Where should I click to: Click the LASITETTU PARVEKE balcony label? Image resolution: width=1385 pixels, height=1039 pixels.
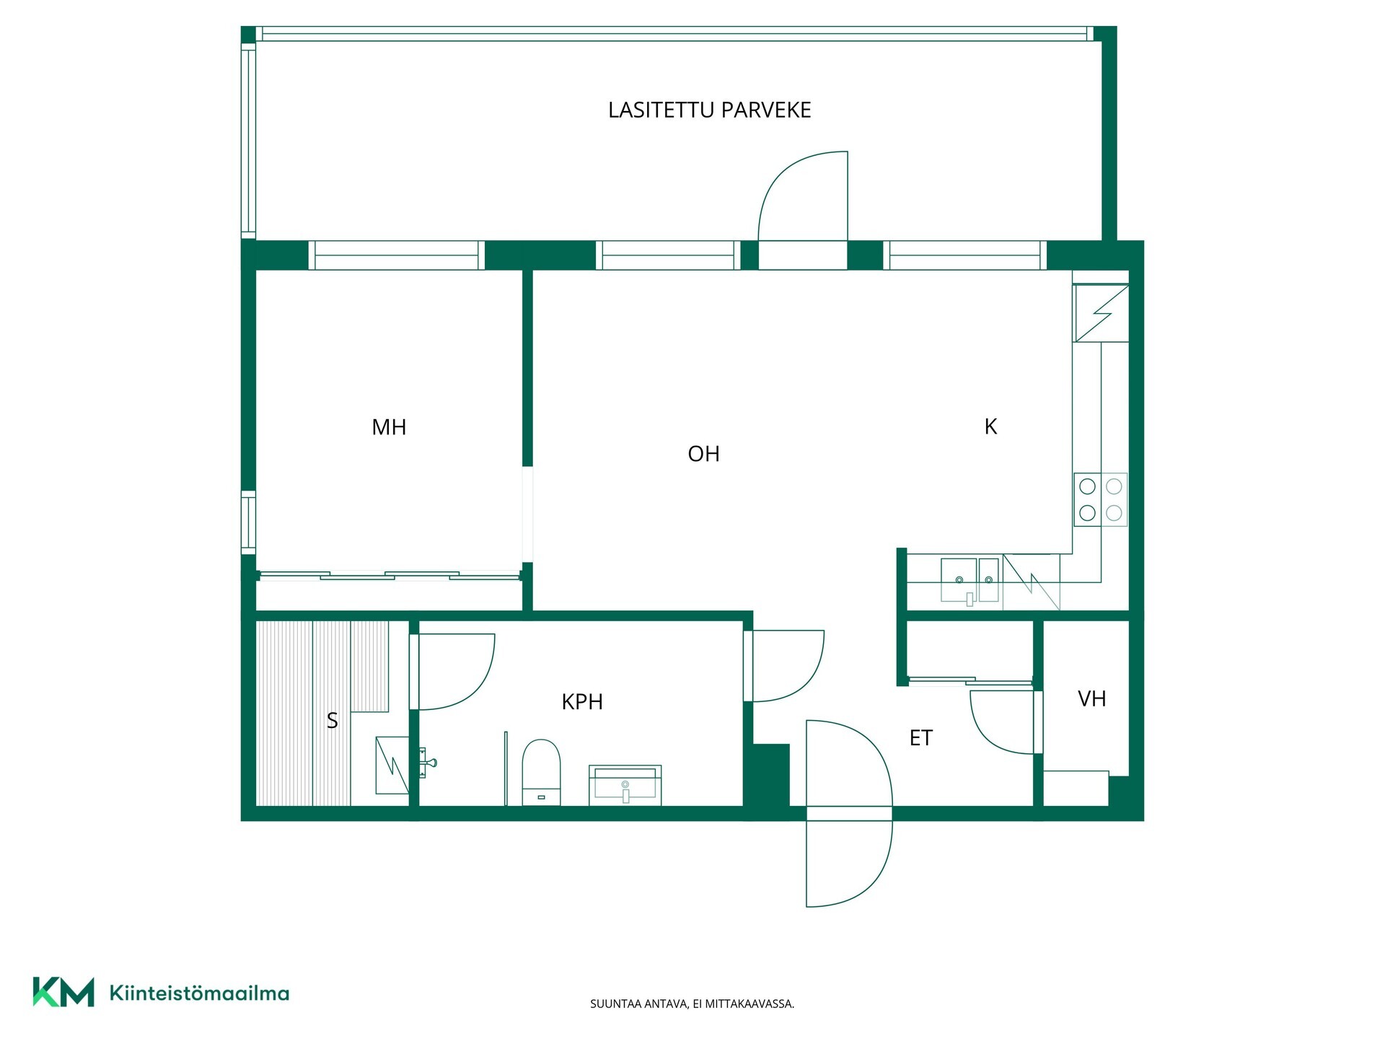click(x=709, y=110)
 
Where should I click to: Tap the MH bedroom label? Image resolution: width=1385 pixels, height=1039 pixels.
click(x=389, y=427)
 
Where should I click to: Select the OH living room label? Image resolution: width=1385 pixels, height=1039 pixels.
click(x=703, y=454)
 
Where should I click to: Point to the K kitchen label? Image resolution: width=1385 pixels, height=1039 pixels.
click(x=990, y=426)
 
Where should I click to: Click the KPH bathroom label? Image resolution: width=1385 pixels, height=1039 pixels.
click(x=582, y=701)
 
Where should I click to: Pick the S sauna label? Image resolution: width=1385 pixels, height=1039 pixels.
click(x=332, y=720)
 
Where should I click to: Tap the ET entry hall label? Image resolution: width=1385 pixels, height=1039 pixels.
click(x=920, y=738)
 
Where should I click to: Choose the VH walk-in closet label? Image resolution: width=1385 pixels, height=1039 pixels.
click(x=1091, y=698)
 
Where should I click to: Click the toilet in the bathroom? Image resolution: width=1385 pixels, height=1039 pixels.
click(x=541, y=771)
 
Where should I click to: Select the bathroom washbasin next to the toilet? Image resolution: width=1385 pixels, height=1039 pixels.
click(x=625, y=785)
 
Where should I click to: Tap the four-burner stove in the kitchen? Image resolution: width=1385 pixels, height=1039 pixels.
click(x=1100, y=499)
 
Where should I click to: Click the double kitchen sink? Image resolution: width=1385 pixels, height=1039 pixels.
click(x=970, y=580)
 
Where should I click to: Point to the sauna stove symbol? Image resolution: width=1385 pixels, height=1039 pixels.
click(x=392, y=765)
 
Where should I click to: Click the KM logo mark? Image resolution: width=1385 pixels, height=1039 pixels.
click(x=63, y=992)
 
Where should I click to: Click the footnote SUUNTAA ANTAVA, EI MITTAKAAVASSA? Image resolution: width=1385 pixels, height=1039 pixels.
click(x=692, y=1004)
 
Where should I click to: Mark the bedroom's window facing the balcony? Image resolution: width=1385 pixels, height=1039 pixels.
click(x=397, y=255)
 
